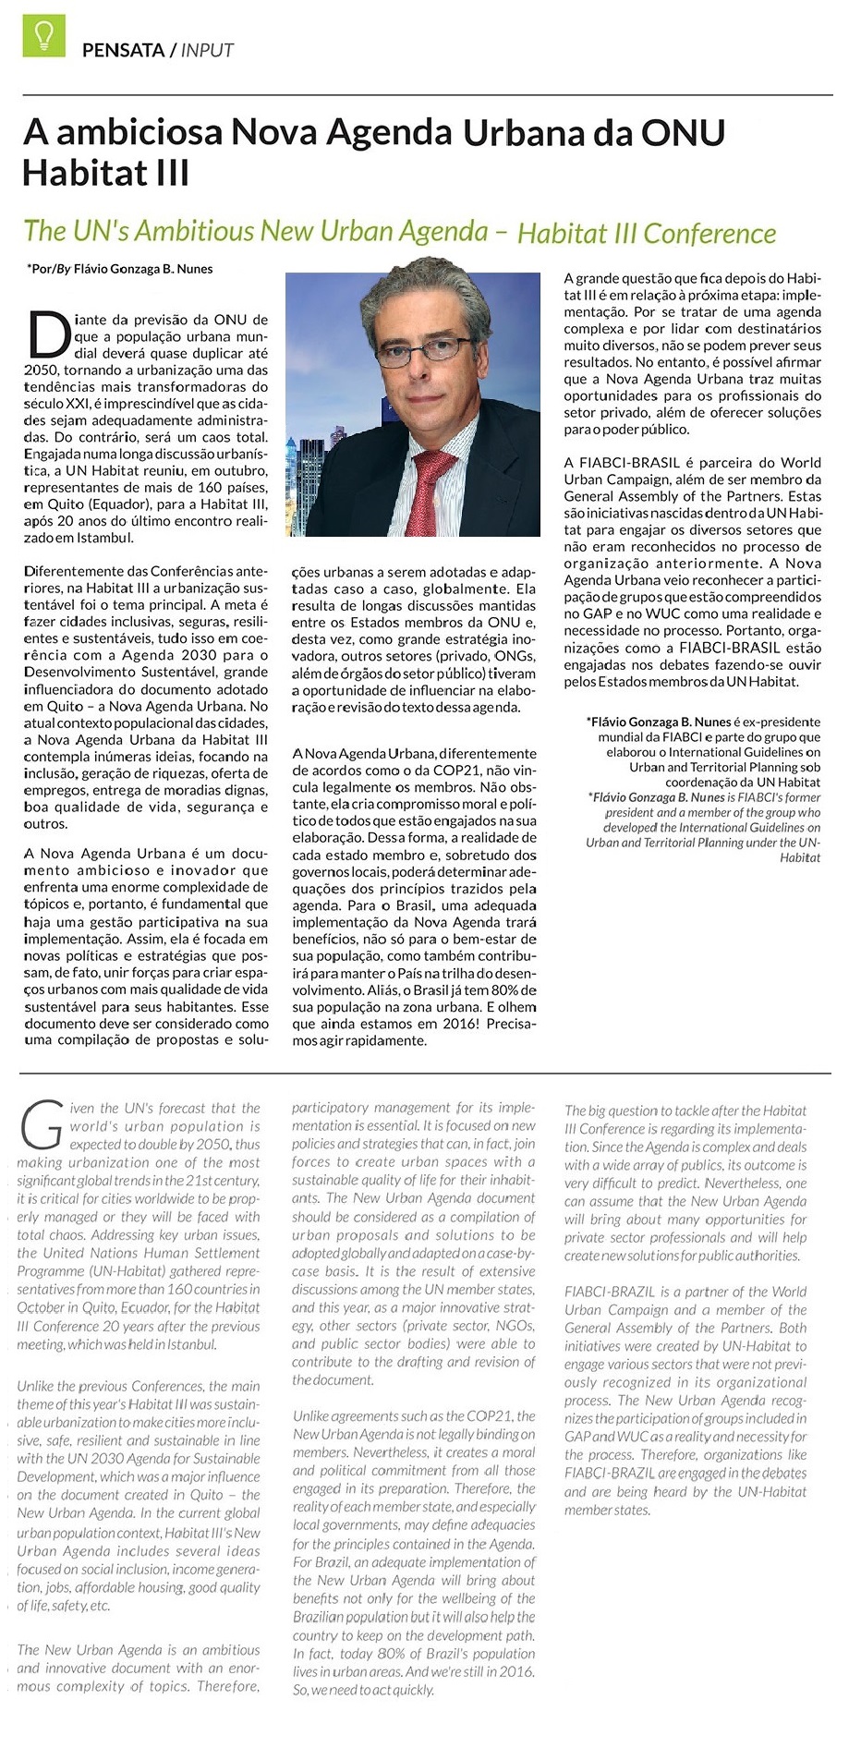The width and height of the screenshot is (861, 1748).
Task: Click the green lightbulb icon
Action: click(x=43, y=36)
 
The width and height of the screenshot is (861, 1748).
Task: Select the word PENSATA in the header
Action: click(x=123, y=51)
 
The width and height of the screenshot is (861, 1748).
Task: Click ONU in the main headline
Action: click(x=683, y=133)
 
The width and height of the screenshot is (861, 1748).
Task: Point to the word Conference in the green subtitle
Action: click(x=710, y=233)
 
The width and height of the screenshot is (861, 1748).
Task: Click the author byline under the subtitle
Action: click(x=120, y=270)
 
